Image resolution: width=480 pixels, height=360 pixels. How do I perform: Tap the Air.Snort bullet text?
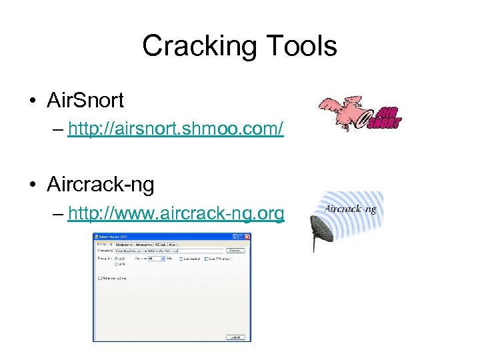(x=85, y=101)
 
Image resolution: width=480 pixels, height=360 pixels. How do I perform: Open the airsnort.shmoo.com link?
(x=176, y=129)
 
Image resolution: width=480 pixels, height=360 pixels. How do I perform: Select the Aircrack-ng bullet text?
(x=101, y=184)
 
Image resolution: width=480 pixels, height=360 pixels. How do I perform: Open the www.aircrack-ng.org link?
(x=176, y=213)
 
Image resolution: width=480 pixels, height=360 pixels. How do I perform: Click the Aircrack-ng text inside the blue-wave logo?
(x=350, y=209)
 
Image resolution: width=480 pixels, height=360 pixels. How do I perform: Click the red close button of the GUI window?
(x=247, y=237)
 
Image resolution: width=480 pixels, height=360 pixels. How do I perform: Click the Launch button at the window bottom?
(x=235, y=337)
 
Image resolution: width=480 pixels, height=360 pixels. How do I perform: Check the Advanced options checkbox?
(x=101, y=278)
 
